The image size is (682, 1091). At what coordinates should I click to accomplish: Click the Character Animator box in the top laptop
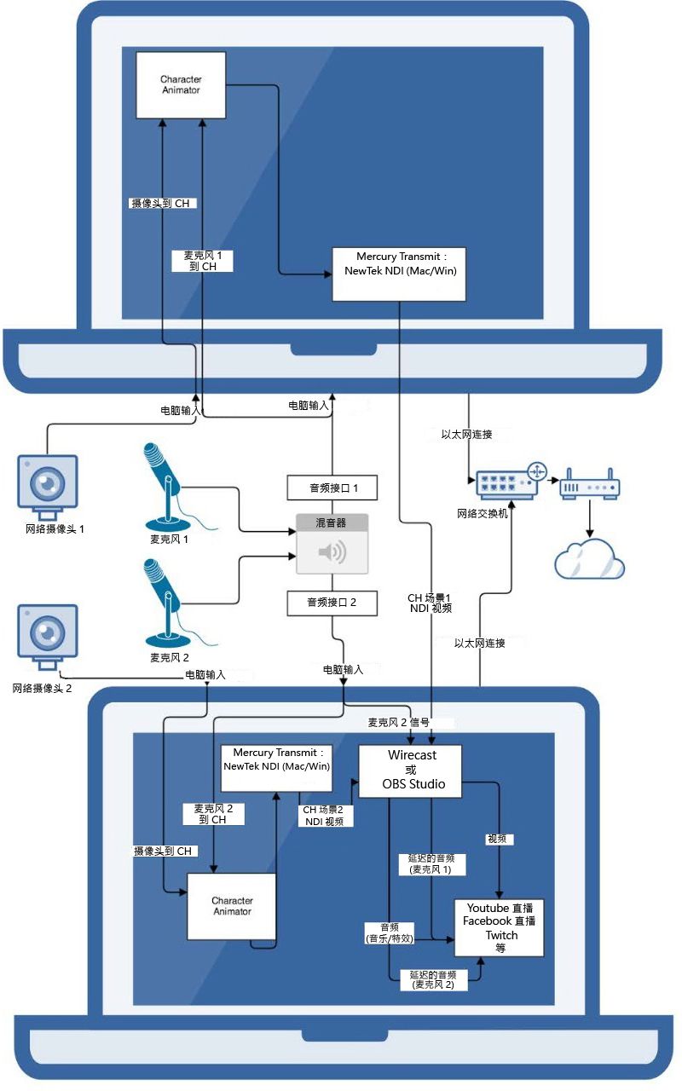coord(182,84)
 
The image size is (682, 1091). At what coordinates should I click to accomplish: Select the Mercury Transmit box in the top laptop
coord(400,274)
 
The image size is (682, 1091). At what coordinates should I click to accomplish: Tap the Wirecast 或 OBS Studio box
coord(411,771)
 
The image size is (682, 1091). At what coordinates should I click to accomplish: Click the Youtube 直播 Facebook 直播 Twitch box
coord(500,928)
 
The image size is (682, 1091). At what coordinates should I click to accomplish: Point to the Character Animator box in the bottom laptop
coord(232,906)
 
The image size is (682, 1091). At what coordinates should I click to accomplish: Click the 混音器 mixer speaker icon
coord(332,553)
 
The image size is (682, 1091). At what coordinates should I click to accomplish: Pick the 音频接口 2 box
coord(332,603)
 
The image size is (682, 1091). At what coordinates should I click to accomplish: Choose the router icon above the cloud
coord(589,485)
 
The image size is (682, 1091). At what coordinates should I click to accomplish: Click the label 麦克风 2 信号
coord(400,722)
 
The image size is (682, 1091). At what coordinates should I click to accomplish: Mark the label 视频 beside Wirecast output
coord(498,839)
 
